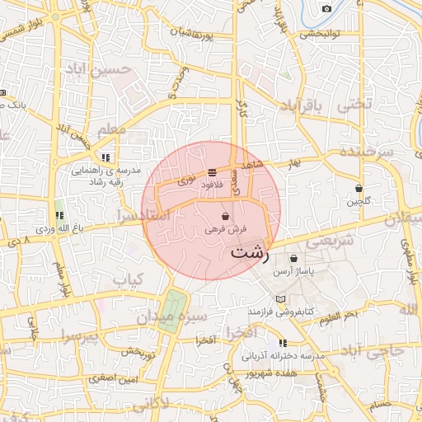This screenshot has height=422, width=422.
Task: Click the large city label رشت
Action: click(x=250, y=253)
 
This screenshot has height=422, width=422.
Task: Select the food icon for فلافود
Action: click(x=213, y=172)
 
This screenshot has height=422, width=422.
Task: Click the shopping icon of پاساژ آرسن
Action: click(x=293, y=258)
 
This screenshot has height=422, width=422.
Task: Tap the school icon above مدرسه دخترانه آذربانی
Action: click(x=284, y=342)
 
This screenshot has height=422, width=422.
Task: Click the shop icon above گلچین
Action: click(x=359, y=188)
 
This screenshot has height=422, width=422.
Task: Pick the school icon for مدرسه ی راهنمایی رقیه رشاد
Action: click(x=105, y=157)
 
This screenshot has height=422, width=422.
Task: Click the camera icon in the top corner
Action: click(x=326, y=8)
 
